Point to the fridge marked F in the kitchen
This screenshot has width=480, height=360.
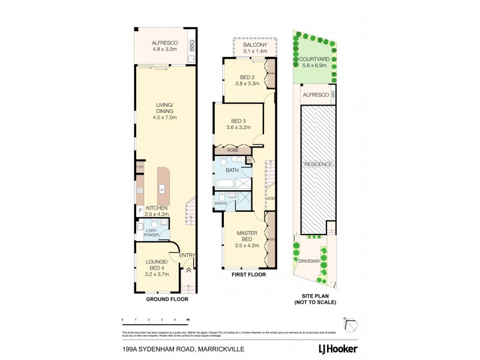coord(139,211)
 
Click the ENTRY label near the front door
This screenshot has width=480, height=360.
coord(187,256)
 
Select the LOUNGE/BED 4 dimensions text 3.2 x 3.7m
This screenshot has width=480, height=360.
coord(156,274)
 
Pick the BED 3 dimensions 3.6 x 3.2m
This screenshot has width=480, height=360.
coord(237,128)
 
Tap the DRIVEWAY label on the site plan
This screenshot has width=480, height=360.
coord(307,262)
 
